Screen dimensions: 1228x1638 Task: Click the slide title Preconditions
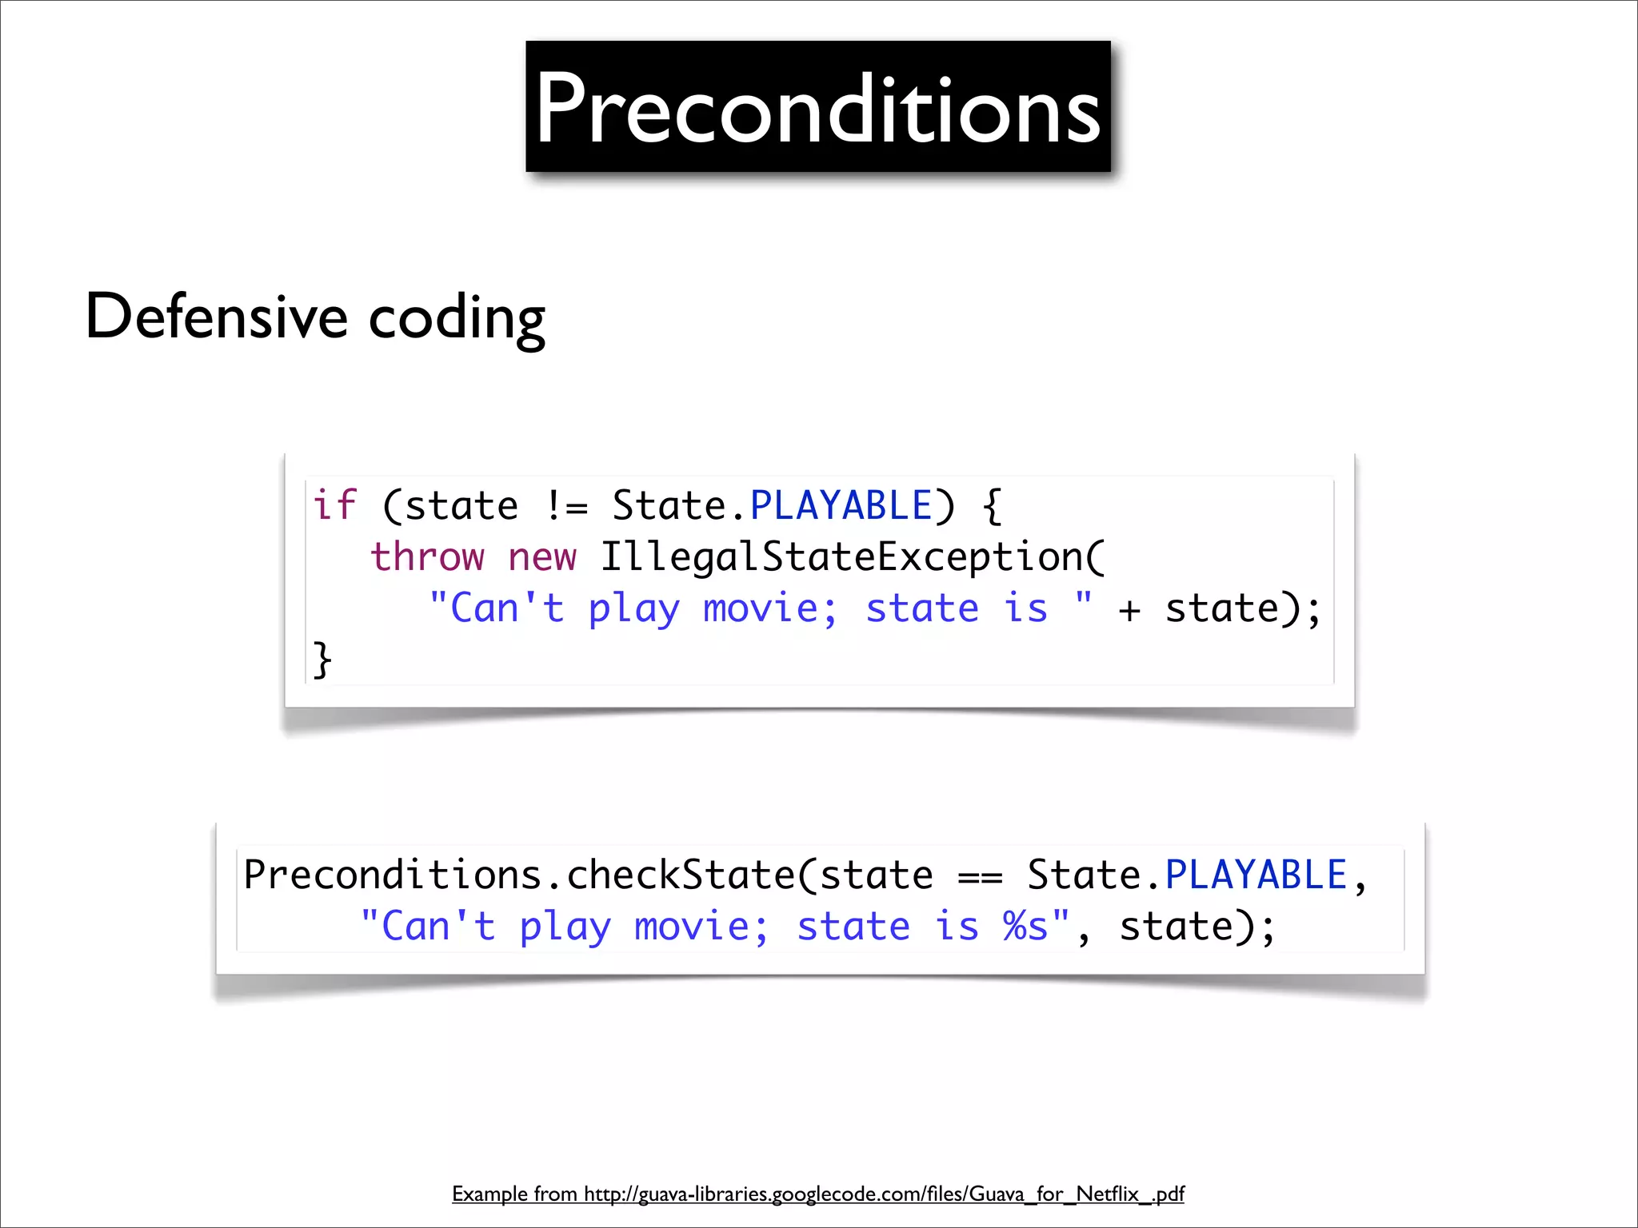tap(817, 108)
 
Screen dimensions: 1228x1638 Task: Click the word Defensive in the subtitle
tap(216, 317)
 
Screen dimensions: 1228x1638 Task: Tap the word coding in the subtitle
tap(457, 318)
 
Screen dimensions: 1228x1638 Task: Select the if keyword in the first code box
tap(334, 505)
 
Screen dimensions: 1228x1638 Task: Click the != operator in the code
tap(566, 506)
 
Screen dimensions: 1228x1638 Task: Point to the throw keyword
tap(427, 556)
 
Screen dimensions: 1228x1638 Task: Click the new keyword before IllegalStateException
tap(541, 556)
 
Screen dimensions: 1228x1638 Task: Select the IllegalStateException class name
tap(852, 556)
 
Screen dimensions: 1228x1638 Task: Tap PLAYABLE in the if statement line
tap(841, 505)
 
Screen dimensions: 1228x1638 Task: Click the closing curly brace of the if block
tap(322, 659)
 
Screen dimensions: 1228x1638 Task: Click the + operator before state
tap(1129, 609)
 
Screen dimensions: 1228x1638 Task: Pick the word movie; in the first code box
tap(769, 608)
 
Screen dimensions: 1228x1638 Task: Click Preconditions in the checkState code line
tap(392, 875)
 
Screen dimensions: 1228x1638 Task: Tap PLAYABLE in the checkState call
tap(1256, 875)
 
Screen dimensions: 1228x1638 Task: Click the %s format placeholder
tap(1025, 927)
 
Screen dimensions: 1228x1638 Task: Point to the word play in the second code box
tap(565, 927)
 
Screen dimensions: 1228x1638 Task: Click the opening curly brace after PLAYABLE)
tap(992, 506)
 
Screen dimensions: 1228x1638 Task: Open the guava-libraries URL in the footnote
tap(884, 1194)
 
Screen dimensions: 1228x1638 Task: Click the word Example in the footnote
tap(489, 1194)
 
